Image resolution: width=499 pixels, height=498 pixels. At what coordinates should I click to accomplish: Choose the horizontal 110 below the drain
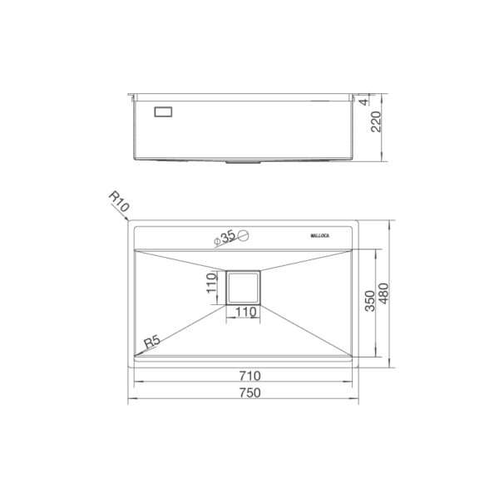click(x=245, y=313)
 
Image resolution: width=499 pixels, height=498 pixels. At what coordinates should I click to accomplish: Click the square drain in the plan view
click(x=244, y=288)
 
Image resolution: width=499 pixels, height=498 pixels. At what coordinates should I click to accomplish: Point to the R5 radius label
click(x=151, y=342)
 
